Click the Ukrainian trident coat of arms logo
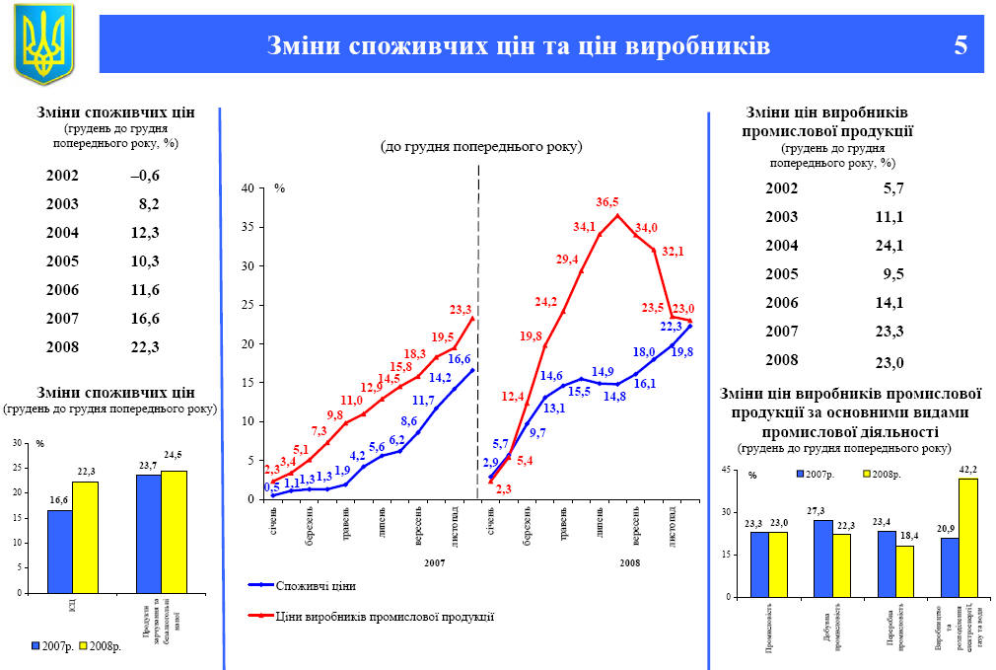point(43,43)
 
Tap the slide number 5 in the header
point(960,45)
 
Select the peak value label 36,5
point(607,201)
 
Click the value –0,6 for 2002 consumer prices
point(144,176)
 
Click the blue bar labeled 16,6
point(59,551)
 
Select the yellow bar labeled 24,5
point(174,531)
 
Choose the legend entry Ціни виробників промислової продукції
point(385,616)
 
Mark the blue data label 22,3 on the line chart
point(671,327)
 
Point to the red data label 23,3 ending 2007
point(461,310)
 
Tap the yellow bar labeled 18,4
point(905,570)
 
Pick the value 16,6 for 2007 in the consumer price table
point(144,318)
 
